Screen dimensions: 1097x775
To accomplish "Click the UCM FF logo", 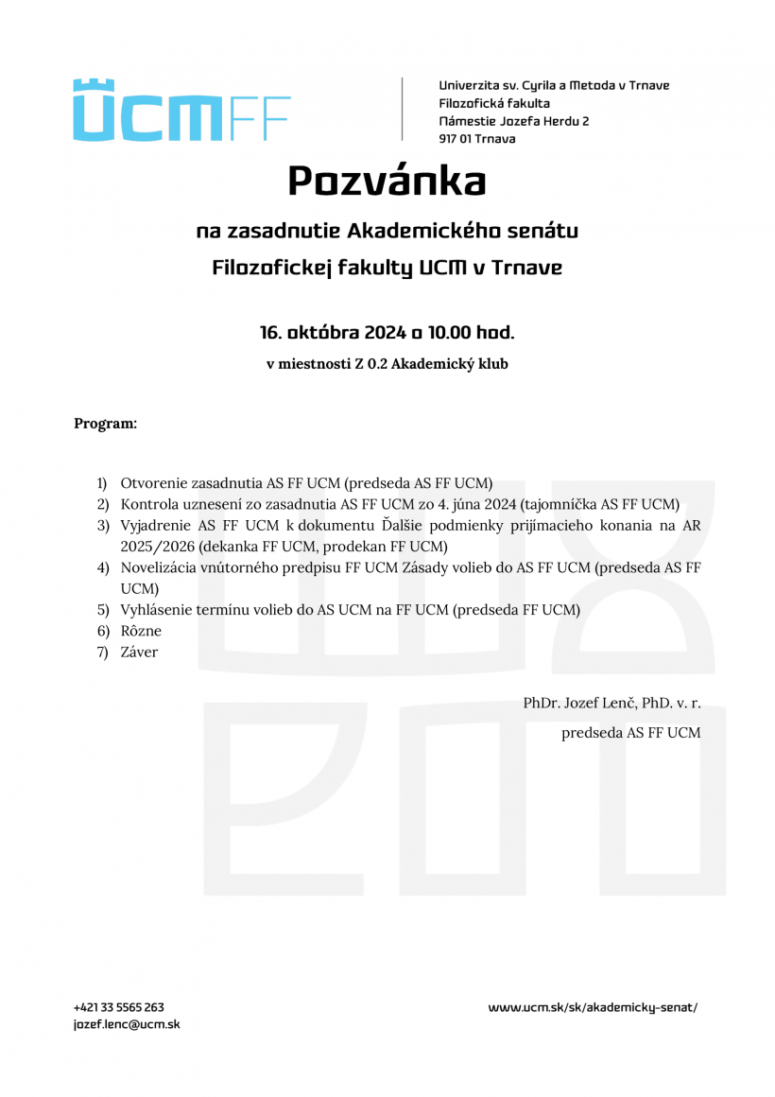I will coord(181,111).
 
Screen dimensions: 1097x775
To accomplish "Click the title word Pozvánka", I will coord(387,181).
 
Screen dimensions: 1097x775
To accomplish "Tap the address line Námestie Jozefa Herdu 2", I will coord(513,121).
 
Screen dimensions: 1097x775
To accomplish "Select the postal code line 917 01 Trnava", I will coord(476,139).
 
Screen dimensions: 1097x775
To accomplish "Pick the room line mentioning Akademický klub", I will coord(387,364).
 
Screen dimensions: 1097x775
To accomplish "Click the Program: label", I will coord(105,423).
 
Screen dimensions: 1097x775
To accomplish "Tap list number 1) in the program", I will coord(102,482).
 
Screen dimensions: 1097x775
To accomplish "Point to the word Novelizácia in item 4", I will coord(160,567).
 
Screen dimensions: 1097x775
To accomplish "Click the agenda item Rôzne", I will coord(141,631).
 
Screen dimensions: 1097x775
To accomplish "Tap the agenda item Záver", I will coord(139,652).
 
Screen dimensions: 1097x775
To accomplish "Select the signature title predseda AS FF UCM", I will coord(630,732).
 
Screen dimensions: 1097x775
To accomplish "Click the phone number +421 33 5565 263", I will coord(119,1008).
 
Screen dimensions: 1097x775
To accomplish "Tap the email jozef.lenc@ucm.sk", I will coord(127,1024).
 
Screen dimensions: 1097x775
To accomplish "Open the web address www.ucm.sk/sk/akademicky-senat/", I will coord(593,1008).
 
